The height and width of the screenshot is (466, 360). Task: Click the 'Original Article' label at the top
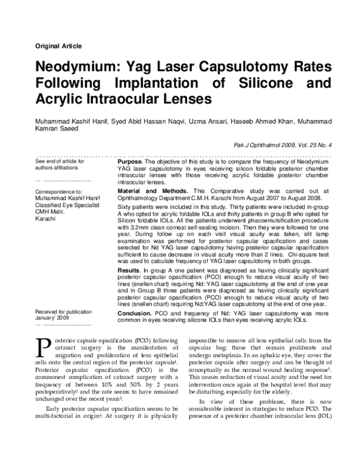[59, 46]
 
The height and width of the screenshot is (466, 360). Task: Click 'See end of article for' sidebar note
[60, 162]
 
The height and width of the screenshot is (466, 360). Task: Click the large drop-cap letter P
[43, 346]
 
